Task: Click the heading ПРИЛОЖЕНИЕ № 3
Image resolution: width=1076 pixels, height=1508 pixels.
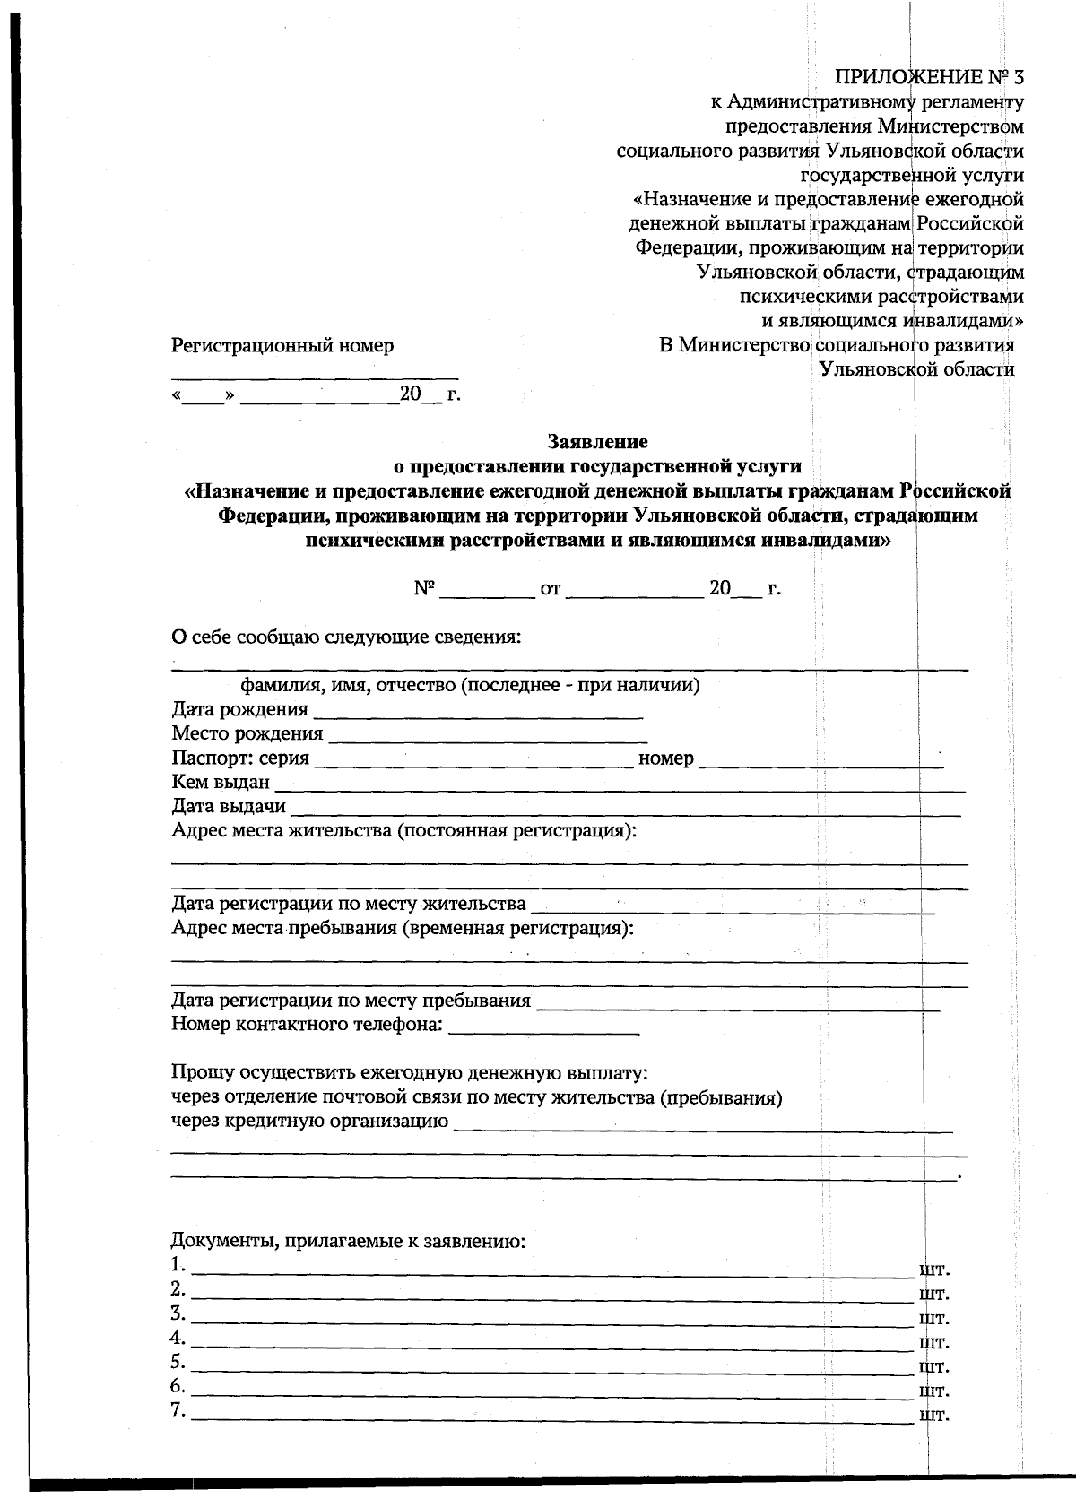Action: pos(929,78)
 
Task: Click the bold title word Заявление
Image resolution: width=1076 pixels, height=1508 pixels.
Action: pos(597,441)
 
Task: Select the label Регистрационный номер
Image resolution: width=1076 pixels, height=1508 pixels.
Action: pos(282,345)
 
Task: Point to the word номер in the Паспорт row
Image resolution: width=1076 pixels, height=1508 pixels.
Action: pos(665,758)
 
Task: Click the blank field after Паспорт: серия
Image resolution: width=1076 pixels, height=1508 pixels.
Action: pos(474,763)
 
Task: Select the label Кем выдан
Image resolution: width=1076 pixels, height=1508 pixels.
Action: pos(221,783)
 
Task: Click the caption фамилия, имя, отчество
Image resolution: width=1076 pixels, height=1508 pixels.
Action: pos(470,686)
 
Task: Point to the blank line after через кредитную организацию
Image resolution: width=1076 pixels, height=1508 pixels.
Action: pos(703,1127)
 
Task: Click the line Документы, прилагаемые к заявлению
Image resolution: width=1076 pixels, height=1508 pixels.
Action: pos(348,1242)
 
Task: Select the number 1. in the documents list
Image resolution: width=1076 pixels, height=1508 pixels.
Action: pos(178,1266)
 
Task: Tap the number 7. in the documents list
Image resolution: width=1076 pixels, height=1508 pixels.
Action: pos(178,1411)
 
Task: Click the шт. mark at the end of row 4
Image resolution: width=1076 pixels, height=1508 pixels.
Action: pos(934,1343)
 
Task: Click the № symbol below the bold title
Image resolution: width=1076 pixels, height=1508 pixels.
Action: pos(424,589)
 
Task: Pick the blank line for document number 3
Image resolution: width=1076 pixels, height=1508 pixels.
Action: pos(551,1322)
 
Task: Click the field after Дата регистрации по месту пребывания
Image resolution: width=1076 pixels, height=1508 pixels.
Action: pos(737,1006)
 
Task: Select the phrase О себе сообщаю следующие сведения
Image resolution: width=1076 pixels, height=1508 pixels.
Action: pos(346,637)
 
